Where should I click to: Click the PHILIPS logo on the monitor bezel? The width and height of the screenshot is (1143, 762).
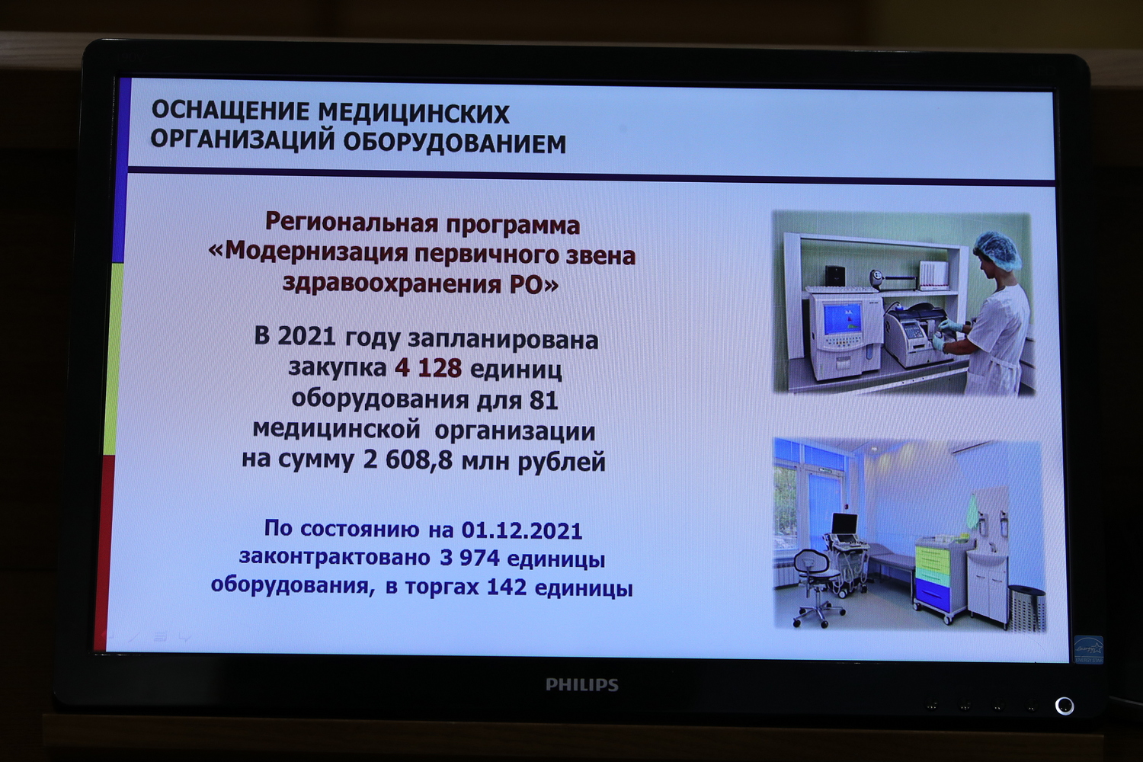581,684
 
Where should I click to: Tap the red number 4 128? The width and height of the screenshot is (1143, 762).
428,368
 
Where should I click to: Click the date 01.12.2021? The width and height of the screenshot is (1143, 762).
522,530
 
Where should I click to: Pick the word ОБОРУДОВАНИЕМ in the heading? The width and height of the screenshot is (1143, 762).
455,143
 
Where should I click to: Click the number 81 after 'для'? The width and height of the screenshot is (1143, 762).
544,400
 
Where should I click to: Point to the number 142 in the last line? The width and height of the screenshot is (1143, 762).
506,587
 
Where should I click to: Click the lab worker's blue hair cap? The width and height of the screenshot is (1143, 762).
996,250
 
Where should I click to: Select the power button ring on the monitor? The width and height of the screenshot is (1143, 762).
1065,706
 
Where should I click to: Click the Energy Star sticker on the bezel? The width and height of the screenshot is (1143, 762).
1089,649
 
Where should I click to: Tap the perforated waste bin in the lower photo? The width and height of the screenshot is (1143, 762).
1027,608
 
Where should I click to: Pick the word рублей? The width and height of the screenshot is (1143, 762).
562,462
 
